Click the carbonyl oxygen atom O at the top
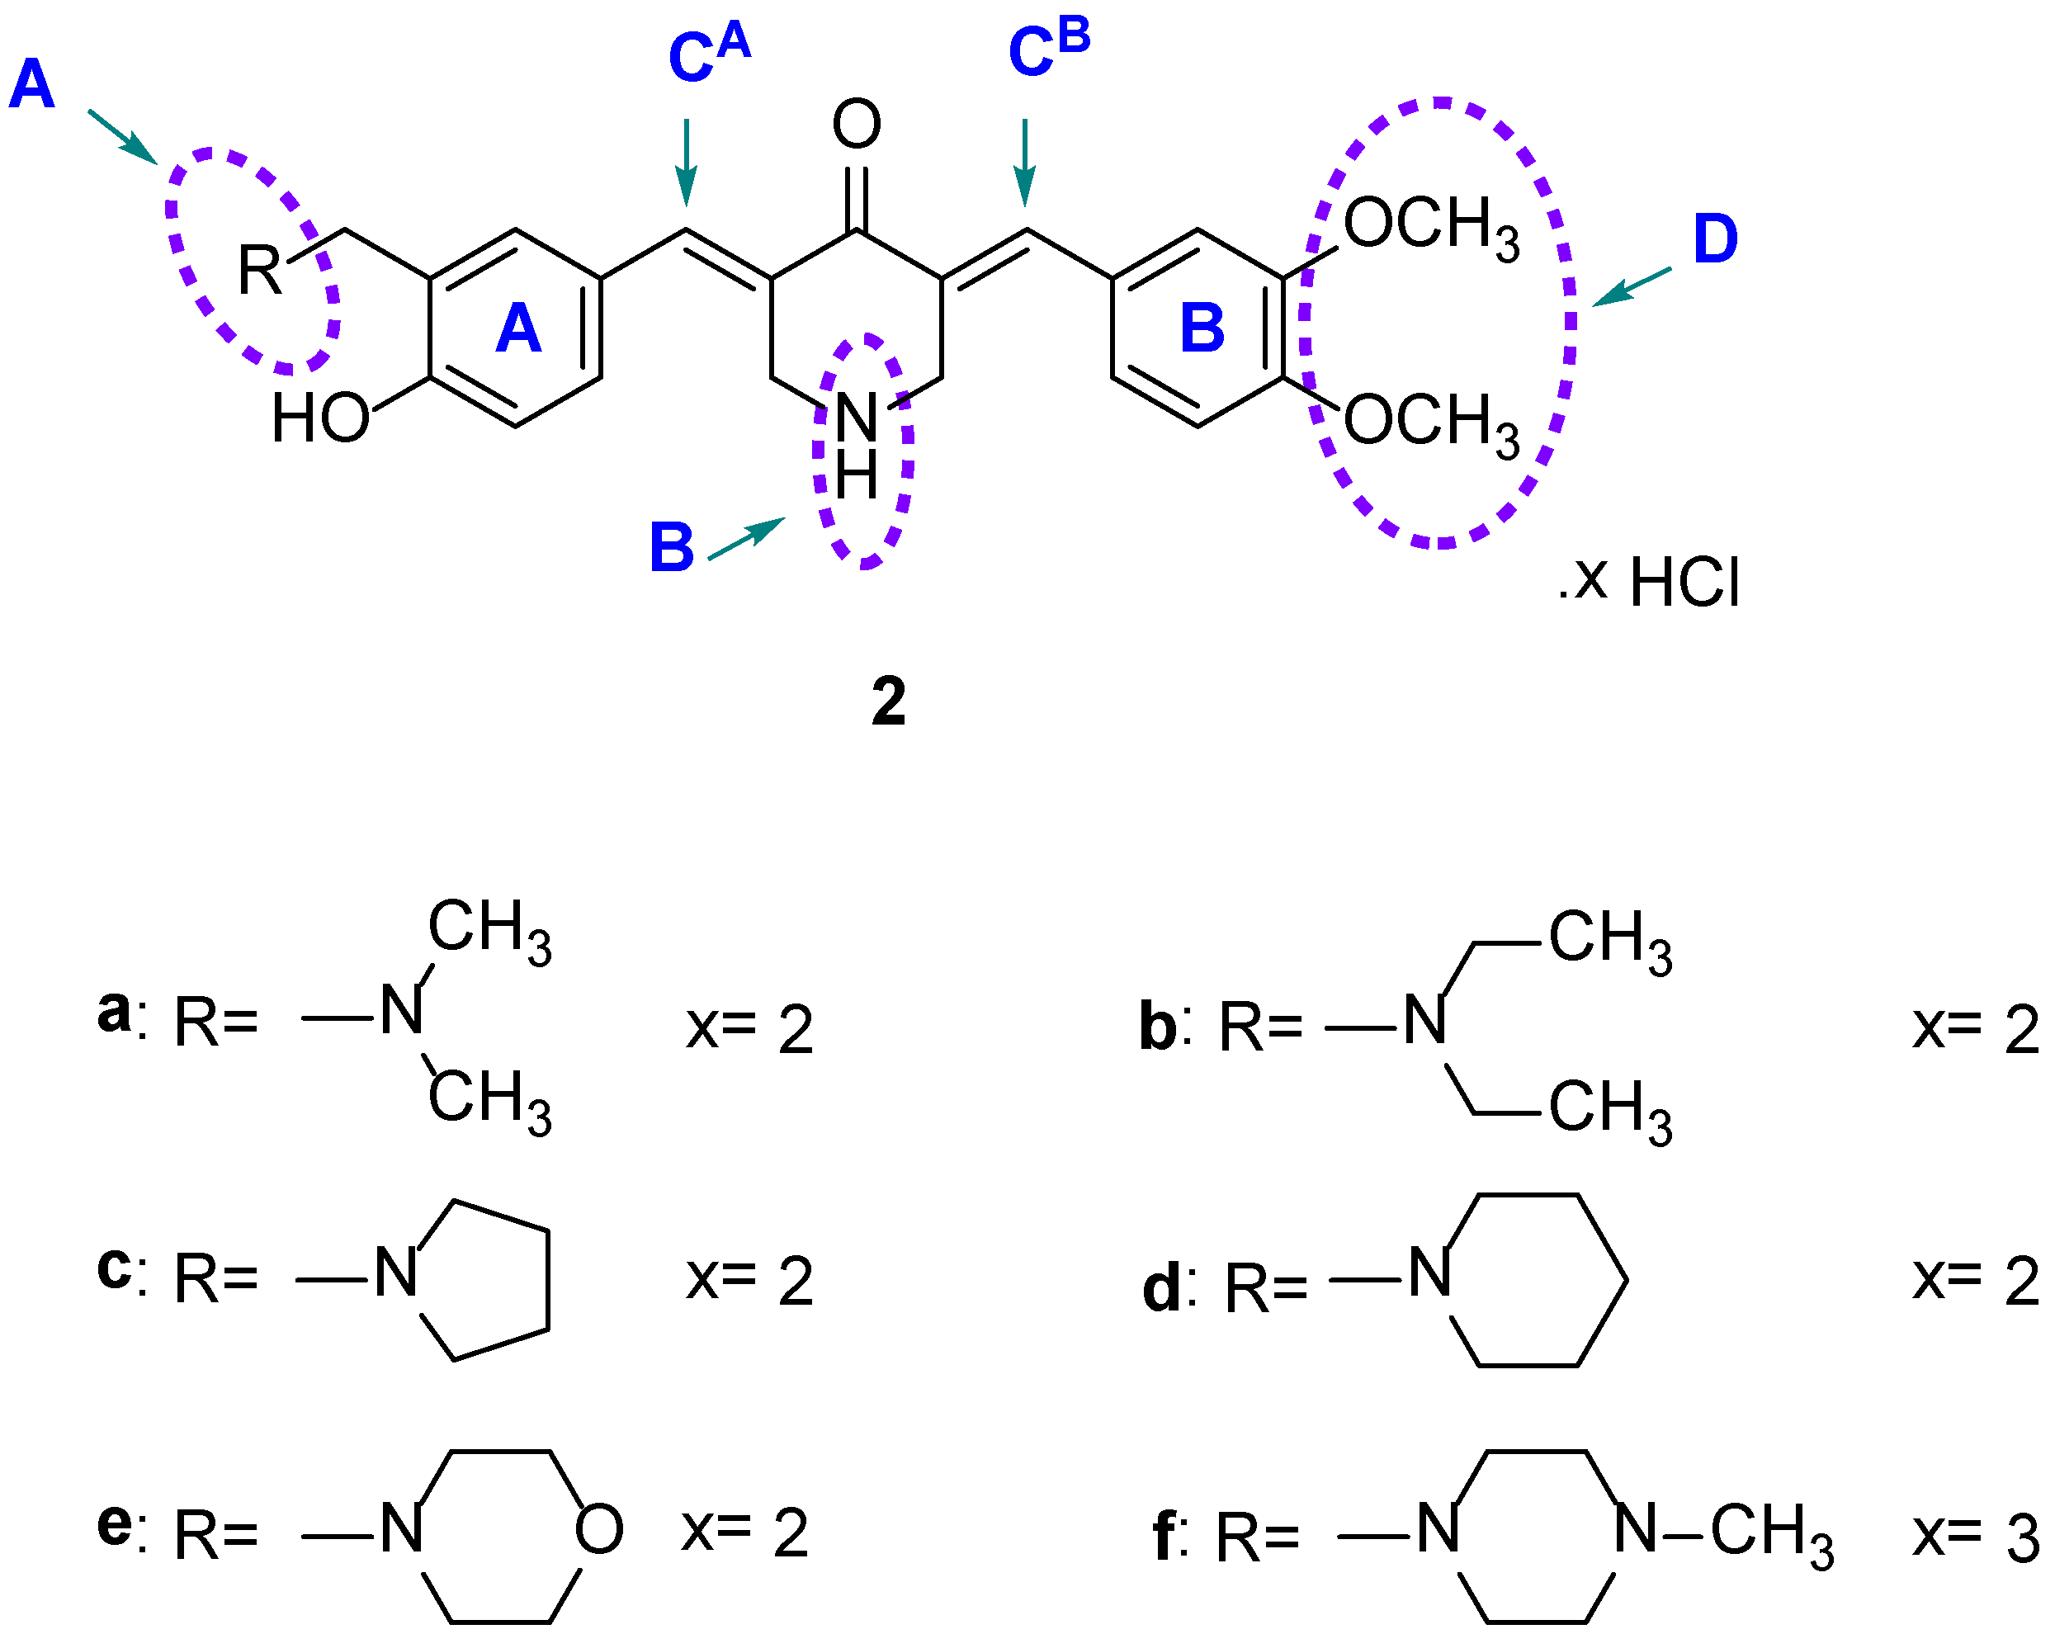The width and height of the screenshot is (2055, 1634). tap(856, 124)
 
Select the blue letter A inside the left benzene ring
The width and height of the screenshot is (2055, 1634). tap(517, 329)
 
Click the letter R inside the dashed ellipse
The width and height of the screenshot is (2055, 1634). tap(259, 271)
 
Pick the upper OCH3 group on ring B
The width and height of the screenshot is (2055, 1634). tap(1429, 227)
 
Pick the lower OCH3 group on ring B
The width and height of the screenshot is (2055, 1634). tap(1429, 424)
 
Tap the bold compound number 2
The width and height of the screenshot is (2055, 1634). tap(887, 701)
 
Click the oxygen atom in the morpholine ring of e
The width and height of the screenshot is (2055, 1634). tap(598, 1529)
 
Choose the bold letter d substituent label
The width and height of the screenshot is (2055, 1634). tap(1162, 1289)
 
